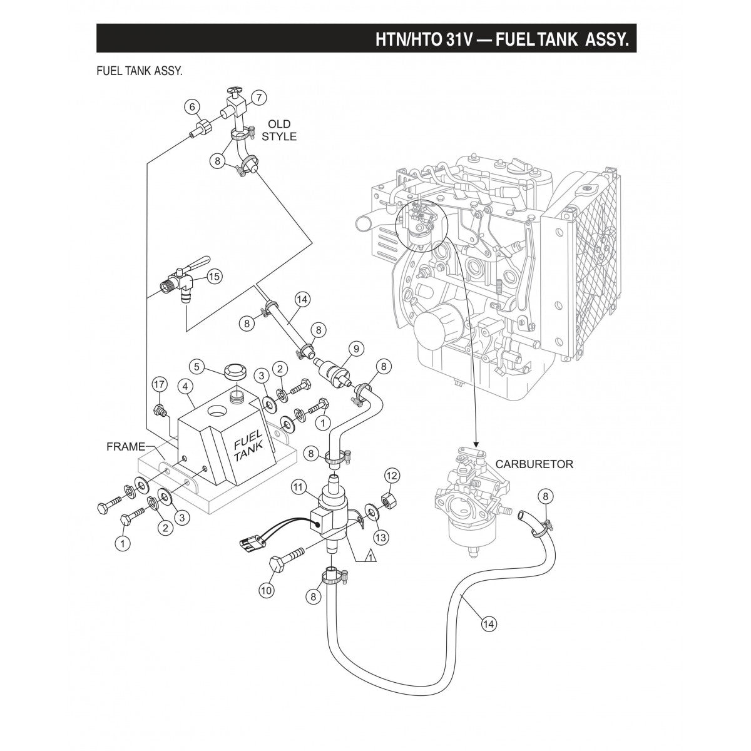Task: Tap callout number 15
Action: [215, 276]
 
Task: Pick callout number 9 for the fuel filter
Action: [355, 348]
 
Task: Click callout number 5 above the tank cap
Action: [196, 365]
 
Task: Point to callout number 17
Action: [160, 383]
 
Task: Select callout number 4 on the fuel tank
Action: [186, 387]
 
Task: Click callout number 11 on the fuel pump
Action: [298, 486]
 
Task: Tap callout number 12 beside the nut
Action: [391, 476]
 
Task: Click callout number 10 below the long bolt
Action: [266, 589]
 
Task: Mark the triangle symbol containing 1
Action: [369, 556]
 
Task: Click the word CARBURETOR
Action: [534, 464]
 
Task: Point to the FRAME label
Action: [125, 447]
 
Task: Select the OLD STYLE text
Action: [279, 130]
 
